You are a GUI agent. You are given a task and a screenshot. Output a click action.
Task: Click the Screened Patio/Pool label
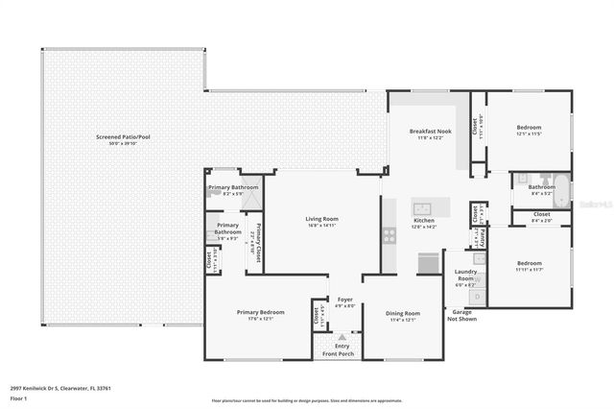pyautogui.click(x=123, y=137)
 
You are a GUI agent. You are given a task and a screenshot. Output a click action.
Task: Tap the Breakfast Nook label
pyautogui.click(x=425, y=131)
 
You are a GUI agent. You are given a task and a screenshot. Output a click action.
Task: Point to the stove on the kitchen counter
pyautogui.click(x=389, y=233)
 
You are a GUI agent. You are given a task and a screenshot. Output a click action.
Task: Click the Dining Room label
pyautogui.click(x=402, y=313)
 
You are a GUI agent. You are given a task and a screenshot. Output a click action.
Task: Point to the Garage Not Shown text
pyautogui.click(x=462, y=316)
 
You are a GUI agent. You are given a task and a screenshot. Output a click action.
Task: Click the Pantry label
pyautogui.click(x=483, y=236)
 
